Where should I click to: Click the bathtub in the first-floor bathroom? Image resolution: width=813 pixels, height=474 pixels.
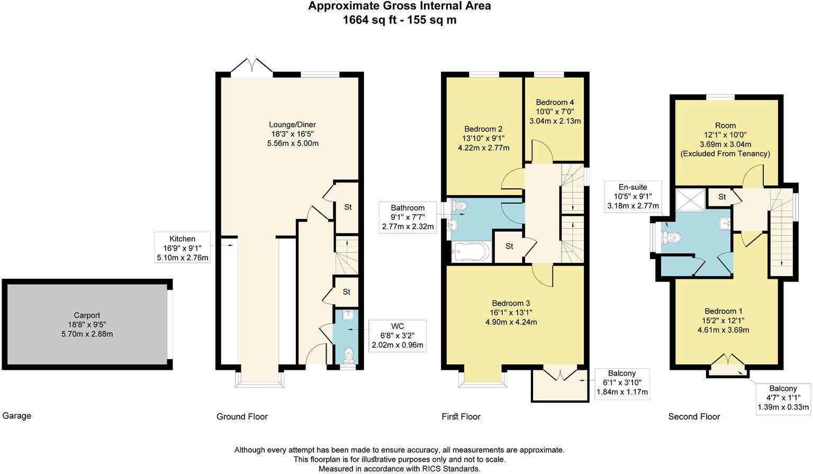point(472,251)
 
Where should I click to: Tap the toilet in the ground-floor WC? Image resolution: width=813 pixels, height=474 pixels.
point(348,355)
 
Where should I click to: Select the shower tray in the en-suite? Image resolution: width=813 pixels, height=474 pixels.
point(690,199)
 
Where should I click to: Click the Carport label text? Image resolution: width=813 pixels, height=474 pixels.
point(87,315)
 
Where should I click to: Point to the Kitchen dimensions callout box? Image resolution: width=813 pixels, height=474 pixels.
point(182,248)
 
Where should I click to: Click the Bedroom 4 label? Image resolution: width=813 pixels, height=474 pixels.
point(555,102)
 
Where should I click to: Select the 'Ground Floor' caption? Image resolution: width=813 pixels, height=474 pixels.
point(242,416)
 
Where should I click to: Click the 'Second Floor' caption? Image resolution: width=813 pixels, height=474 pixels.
point(694,416)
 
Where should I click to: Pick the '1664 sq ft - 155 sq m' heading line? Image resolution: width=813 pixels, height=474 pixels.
point(400,20)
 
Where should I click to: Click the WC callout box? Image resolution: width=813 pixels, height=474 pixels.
point(398,335)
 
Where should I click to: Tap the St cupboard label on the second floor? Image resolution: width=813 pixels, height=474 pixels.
point(722,197)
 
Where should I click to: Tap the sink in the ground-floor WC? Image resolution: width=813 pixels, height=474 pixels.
point(348,315)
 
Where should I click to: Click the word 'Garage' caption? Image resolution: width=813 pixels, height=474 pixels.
point(17,416)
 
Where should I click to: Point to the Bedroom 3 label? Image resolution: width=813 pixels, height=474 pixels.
point(511,303)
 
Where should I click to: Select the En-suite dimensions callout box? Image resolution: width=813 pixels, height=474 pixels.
point(633,197)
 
